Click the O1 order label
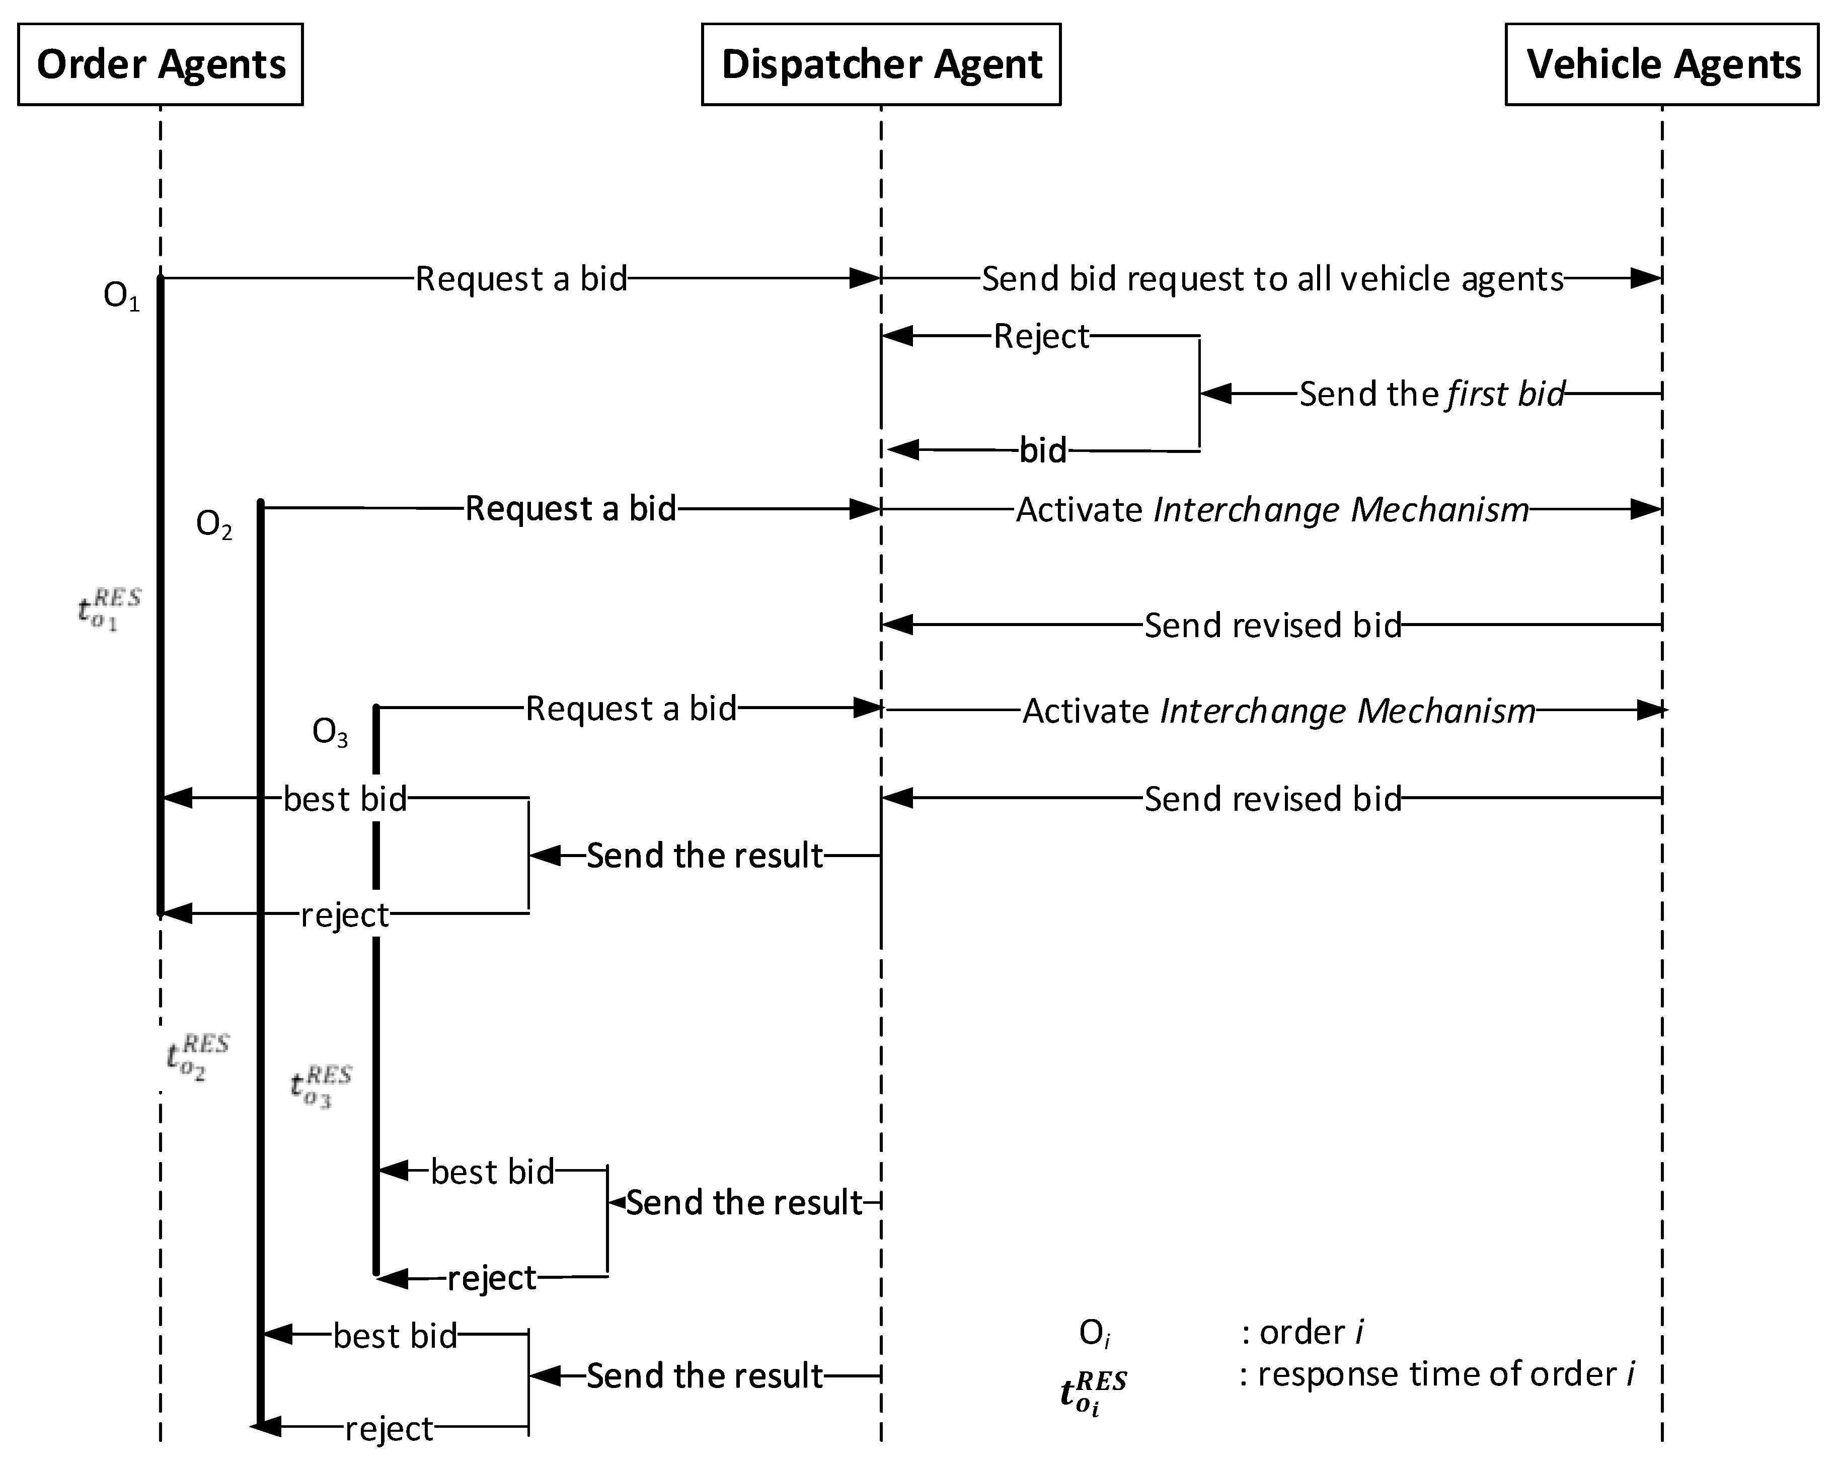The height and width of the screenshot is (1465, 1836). (x=121, y=296)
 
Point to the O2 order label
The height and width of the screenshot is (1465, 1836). (x=214, y=525)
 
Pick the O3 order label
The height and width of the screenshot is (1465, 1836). (x=330, y=733)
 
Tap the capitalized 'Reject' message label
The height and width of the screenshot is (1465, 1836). (x=1041, y=337)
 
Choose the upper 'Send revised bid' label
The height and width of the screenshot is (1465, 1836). (x=1272, y=625)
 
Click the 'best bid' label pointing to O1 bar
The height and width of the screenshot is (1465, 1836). (x=345, y=800)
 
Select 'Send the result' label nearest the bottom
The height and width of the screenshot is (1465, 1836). (x=704, y=1375)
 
